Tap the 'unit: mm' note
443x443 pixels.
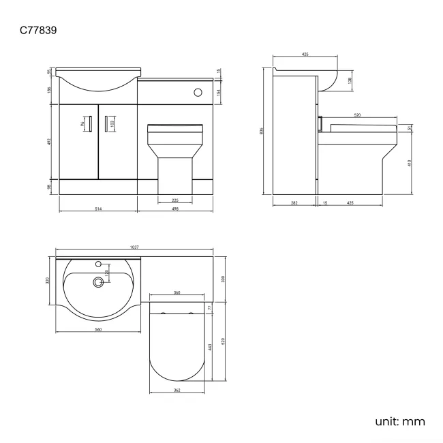399,421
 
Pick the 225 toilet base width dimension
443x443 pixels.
174,200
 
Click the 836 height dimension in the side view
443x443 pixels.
262,131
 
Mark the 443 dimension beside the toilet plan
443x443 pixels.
210,347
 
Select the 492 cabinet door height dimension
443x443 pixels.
50,142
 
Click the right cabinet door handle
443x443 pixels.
107,123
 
